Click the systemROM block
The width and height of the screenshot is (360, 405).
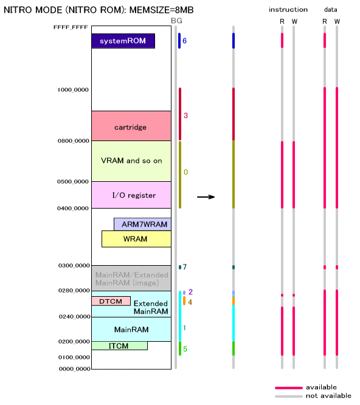tap(123, 41)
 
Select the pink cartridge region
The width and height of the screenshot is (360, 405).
tap(131, 126)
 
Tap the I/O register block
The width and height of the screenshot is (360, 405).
tap(131, 195)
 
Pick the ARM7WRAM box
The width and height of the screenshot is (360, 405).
tap(142, 224)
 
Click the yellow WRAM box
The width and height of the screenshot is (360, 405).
tap(136, 239)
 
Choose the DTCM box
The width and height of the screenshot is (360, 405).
tap(111, 301)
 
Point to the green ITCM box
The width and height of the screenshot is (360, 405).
tap(120, 346)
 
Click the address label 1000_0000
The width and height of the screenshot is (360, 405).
tap(73, 90)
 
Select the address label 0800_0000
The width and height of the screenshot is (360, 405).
tap(73, 141)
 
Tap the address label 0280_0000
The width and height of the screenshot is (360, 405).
tap(74, 291)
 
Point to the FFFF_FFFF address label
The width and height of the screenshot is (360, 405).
tap(71, 27)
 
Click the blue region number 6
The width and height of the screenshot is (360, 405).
tap(184, 41)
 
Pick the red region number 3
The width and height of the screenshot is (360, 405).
tap(185, 116)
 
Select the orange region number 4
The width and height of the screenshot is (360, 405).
tap(190, 302)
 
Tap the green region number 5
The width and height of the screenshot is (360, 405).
tap(185, 349)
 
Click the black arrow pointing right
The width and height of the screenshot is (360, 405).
tap(206, 197)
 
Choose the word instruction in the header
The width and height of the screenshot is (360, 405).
tap(288, 10)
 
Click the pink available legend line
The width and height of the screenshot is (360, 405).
tap(289, 388)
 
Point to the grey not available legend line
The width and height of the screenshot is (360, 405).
tap(289, 396)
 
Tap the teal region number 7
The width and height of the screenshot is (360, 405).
tap(185, 267)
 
